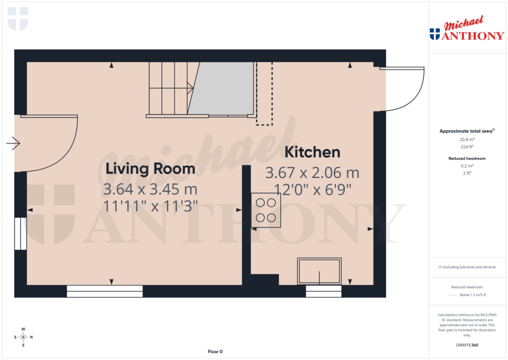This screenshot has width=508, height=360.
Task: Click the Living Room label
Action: tap(150, 169)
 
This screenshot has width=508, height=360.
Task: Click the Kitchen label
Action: tap(312, 152)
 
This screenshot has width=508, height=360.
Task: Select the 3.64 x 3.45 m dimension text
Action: tap(150, 189)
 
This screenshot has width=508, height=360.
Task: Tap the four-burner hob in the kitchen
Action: tap(266, 210)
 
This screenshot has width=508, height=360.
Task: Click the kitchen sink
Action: tap(319, 271)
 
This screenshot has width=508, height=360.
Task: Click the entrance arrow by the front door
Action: tap(13, 144)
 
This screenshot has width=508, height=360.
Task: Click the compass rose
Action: tap(23, 337)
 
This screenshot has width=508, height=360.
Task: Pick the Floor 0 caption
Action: tap(215, 352)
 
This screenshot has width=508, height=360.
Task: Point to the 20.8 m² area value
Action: tap(466, 140)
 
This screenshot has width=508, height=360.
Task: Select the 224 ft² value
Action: tap(466, 146)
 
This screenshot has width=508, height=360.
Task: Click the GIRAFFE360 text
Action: tap(466, 345)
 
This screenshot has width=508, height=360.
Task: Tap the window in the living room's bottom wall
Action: tap(105, 291)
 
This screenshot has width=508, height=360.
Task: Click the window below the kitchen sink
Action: tap(323, 291)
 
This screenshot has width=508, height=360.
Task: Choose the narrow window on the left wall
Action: tap(20, 233)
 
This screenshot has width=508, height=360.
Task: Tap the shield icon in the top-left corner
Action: tap(18, 19)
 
